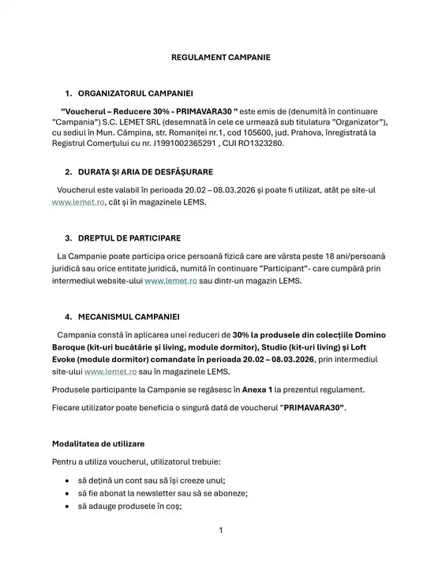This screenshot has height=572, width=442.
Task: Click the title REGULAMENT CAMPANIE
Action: [x=221, y=58]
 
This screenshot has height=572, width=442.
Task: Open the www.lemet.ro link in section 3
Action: [x=170, y=280]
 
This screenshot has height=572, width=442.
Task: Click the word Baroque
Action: [x=72, y=347]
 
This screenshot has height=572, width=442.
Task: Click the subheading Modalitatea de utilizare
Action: [x=98, y=444]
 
